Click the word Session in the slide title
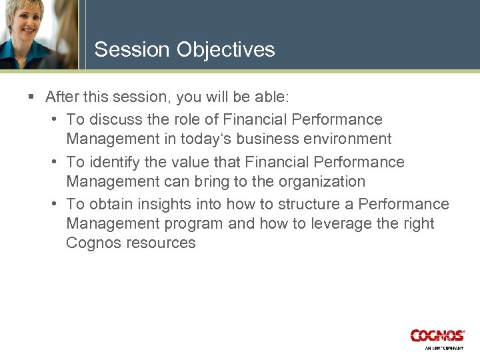pos(132,50)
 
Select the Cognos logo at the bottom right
pos(437,336)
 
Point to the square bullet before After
pos(31,97)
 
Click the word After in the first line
pos(62,97)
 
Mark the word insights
pos(160,205)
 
